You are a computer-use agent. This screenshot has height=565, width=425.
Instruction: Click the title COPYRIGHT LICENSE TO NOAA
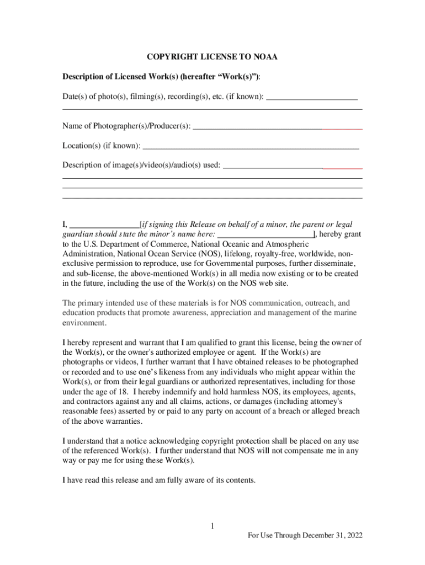pyautogui.click(x=212, y=57)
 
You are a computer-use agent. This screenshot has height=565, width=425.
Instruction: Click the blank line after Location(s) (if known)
pyautogui.click(x=251, y=147)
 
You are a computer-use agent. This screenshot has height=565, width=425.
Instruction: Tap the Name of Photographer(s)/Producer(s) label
pyautogui.click(x=126, y=126)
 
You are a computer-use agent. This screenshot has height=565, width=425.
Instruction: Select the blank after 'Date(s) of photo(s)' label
pyautogui.click(x=311, y=97)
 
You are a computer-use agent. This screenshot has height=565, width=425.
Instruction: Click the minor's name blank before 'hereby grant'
pyautogui.click(x=265, y=234)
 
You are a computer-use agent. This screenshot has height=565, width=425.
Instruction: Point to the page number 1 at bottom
pyautogui.click(x=212, y=526)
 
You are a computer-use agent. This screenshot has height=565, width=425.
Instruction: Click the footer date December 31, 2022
pyautogui.click(x=331, y=536)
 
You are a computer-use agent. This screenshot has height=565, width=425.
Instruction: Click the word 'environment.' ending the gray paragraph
pyautogui.click(x=84, y=323)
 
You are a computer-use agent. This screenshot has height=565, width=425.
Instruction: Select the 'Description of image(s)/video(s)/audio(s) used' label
pyautogui.click(x=141, y=165)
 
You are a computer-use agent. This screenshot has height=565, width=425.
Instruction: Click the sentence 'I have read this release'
pyautogui.click(x=159, y=480)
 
